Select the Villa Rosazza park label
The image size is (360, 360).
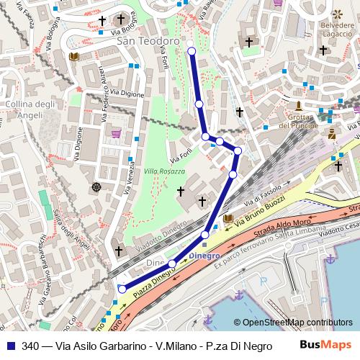click(164, 171)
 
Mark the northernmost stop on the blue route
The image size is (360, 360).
click(191, 50)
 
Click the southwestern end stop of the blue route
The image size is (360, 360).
click(122, 289)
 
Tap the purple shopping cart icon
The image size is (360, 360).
click(117, 133)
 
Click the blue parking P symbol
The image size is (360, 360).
click(263, 282)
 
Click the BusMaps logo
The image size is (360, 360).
click(325, 344)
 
